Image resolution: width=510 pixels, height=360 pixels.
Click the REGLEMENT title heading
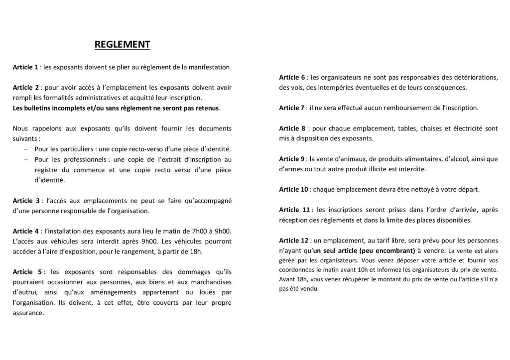click(x=122, y=45)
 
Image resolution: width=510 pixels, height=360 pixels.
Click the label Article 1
click(x=25, y=67)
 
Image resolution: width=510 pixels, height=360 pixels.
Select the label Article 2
click(x=26, y=88)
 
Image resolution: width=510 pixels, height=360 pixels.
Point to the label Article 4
click(x=26, y=231)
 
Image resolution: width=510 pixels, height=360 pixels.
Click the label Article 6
click(x=292, y=77)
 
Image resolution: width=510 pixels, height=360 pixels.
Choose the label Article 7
click(x=292, y=108)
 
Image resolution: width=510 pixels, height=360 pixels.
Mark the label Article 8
click(x=292, y=128)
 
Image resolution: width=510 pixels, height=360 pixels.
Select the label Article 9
click(x=292, y=159)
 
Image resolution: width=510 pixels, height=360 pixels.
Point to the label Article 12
click(x=294, y=240)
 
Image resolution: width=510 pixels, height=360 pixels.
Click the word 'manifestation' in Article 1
click(x=210, y=67)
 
